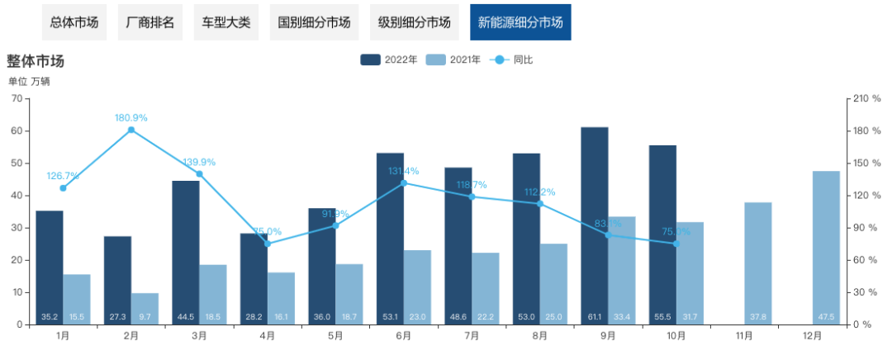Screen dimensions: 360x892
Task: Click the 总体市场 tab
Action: (x=74, y=22)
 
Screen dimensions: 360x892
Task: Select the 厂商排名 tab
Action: (x=149, y=22)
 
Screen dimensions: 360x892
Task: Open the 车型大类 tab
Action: (x=225, y=22)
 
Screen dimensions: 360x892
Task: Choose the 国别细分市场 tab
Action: (x=314, y=22)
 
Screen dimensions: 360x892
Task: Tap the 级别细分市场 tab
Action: (x=415, y=22)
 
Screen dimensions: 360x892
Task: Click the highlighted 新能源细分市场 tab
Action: (x=520, y=22)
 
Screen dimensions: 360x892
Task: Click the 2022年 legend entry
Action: (x=389, y=59)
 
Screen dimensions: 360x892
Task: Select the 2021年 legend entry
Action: (x=453, y=59)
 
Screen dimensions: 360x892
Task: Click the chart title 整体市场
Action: (x=36, y=61)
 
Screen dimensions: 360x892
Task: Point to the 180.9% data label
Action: (x=131, y=118)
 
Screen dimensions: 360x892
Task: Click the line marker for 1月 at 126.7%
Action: (x=63, y=188)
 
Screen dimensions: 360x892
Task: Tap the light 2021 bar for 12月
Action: (x=826, y=248)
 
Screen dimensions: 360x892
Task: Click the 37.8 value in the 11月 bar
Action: (x=757, y=317)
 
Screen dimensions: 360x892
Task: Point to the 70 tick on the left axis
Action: (x=17, y=99)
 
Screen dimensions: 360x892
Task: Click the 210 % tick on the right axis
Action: (x=866, y=99)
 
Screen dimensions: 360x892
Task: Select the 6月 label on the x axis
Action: (x=404, y=337)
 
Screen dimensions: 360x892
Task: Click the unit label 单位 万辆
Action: (x=30, y=81)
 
